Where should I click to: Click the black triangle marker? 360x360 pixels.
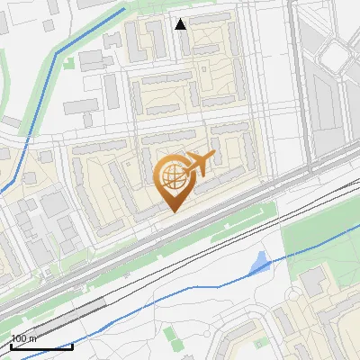pos(181,24)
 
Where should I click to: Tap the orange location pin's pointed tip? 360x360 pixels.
pos(173,211)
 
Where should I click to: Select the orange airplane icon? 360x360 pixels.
pos(198,164)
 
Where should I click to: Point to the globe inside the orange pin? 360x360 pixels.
pos(172,177)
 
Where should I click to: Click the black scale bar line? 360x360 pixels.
pos(41,346)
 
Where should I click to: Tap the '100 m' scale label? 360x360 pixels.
pos(23,338)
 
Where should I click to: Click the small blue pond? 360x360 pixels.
pos(259,264)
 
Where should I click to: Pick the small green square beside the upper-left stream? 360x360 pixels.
pos(68,63)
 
